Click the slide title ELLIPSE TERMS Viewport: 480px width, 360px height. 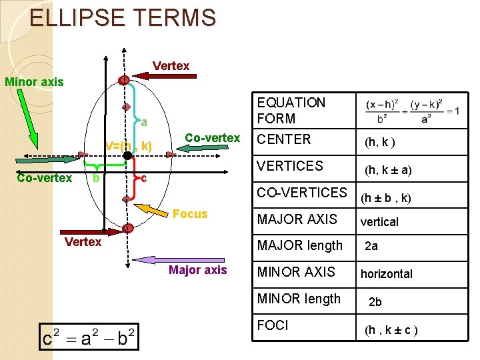click(x=123, y=17)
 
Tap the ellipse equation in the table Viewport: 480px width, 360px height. click(x=412, y=111)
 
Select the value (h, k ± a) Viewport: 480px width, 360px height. click(x=387, y=170)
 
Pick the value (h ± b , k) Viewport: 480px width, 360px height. click(x=386, y=198)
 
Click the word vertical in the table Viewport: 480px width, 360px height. click(x=379, y=222)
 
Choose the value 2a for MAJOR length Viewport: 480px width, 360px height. click(x=371, y=246)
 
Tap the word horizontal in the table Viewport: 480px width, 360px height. click(x=386, y=273)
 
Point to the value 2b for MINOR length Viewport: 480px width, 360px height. click(x=375, y=301)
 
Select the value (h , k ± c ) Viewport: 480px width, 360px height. click(x=391, y=329)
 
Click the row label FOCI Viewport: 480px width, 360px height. click(x=273, y=325)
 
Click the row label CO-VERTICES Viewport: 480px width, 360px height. click(x=302, y=193)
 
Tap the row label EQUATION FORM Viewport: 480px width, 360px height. click(x=291, y=111)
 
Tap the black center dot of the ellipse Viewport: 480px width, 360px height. click(x=127, y=155)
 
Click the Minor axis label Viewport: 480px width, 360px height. click(x=34, y=82)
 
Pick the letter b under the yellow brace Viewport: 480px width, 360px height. click(x=96, y=178)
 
